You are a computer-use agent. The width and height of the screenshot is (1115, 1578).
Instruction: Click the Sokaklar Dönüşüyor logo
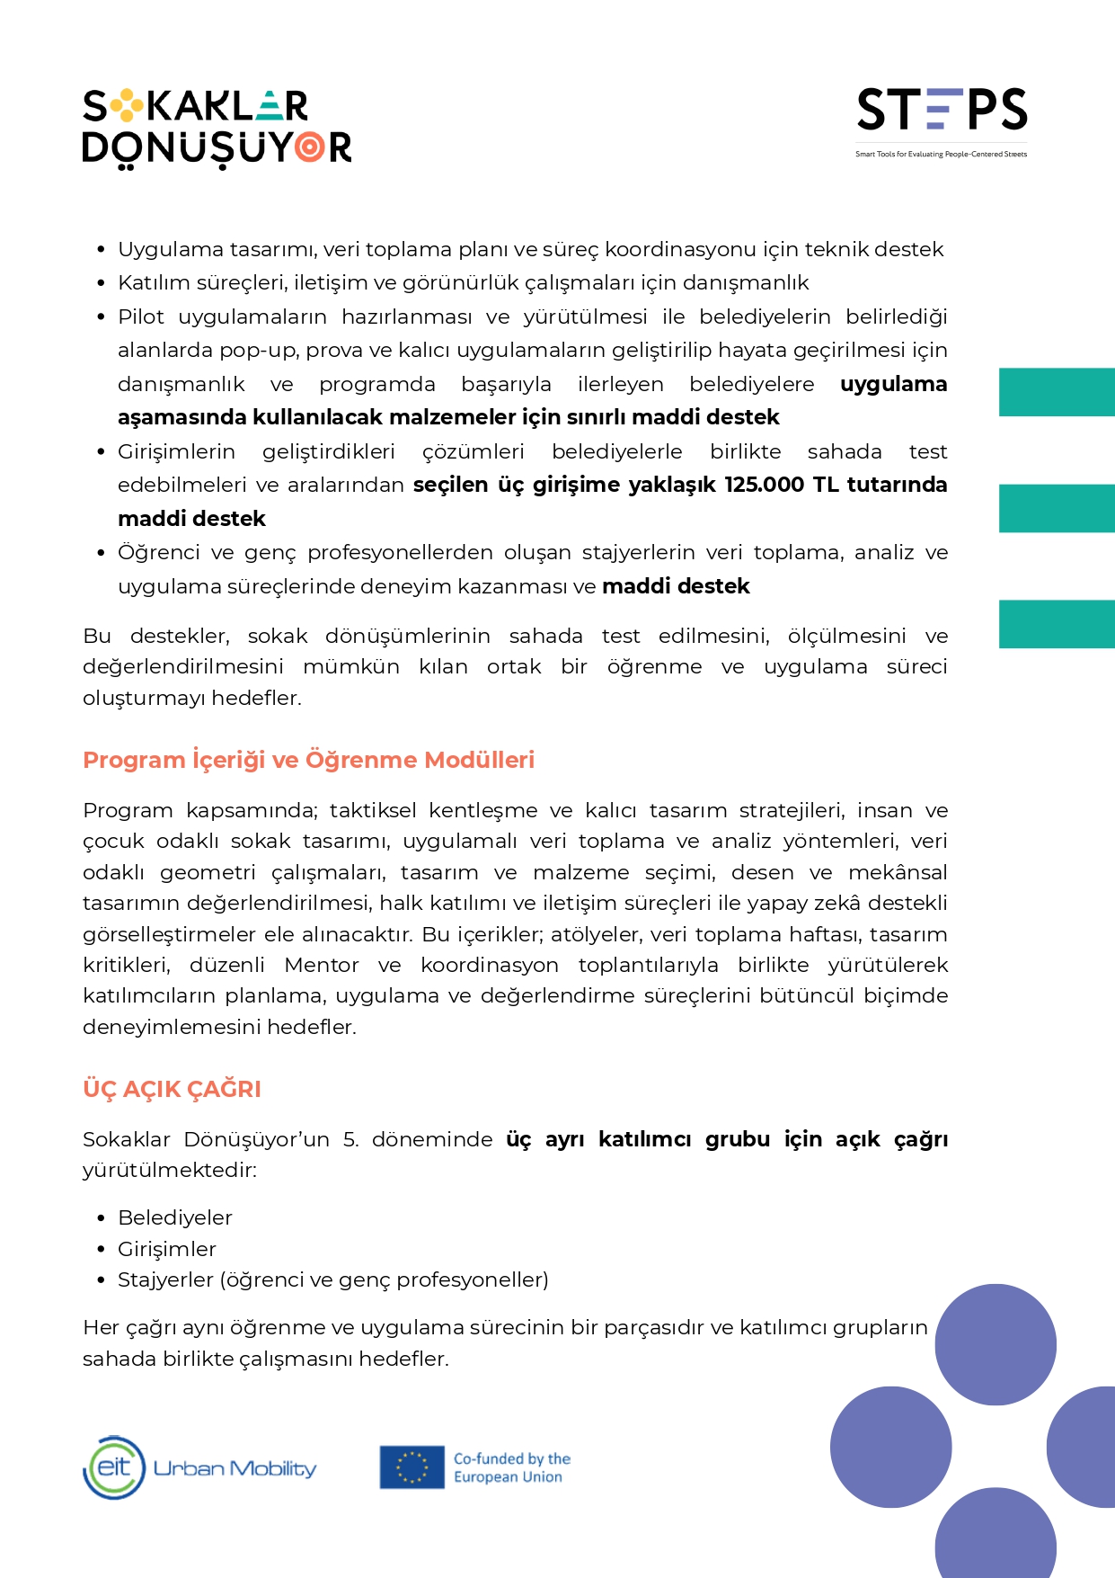pos(217,127)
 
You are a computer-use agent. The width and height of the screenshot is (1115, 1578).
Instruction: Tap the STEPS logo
pos(942,110)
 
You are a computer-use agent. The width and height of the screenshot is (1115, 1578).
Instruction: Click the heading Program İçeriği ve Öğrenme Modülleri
pos(308,760)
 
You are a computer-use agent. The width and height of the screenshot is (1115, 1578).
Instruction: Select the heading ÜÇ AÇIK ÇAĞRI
pos(172,1089)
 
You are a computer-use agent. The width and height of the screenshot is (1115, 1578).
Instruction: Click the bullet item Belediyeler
pos(175,1217)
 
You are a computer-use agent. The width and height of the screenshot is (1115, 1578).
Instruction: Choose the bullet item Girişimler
pos(167,1249)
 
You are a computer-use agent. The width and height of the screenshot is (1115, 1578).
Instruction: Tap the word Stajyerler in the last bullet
pos(165,1279)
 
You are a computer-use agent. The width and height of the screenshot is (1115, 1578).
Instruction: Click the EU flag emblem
pos(411,1467)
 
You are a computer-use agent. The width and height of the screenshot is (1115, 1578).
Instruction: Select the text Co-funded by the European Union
pos(511,1467)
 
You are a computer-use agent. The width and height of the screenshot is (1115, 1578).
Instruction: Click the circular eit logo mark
pos(114,1467)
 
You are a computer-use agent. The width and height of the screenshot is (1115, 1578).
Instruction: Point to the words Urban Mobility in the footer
pos(235,1468)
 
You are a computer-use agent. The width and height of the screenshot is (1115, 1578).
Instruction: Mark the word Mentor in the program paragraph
pos(322,965)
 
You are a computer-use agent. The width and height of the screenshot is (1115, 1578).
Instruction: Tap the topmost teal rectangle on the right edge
pos(1057,392)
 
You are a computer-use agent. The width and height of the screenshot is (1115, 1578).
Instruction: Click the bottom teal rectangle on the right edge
pos(1057,624)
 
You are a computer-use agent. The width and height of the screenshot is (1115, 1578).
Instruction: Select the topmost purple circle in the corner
pos(996,1344)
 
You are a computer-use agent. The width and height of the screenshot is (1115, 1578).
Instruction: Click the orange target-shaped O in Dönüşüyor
pos(310,147)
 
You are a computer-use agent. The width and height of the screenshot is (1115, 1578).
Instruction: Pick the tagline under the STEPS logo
pos(941,155)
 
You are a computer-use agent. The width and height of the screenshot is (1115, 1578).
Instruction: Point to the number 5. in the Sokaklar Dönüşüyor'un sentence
pos(350,1139)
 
